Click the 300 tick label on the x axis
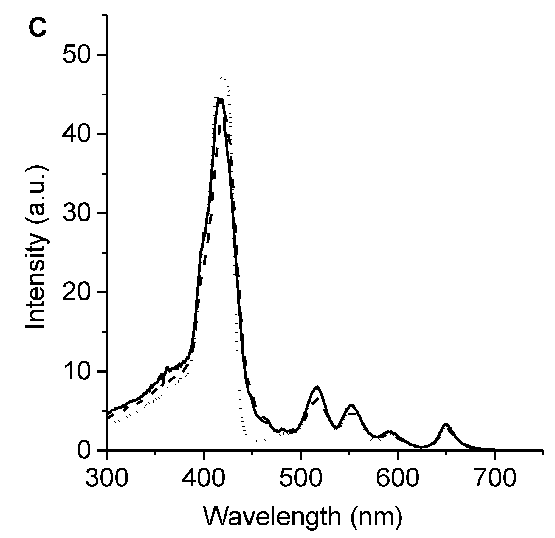(106, 477)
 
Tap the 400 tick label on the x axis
(203, 477)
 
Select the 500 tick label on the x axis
(300, 477)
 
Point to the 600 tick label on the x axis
(398, 477)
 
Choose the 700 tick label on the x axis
(494, 477)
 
